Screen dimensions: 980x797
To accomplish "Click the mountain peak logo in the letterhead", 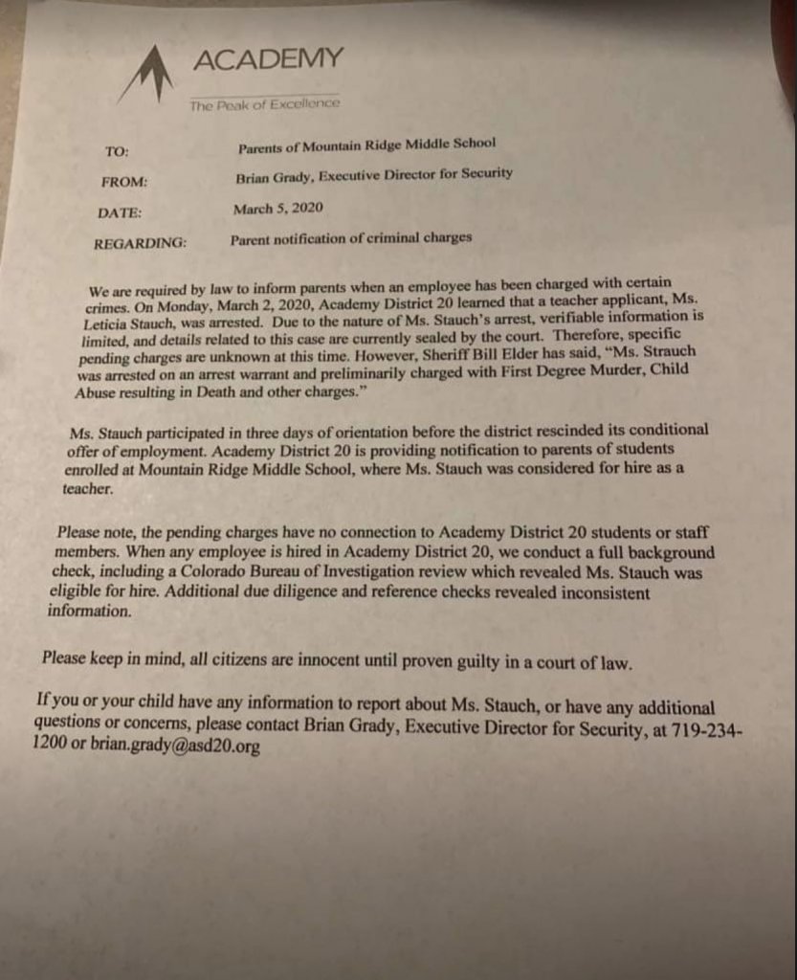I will [144, 74].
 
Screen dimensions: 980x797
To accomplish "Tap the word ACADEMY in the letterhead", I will [267, 59].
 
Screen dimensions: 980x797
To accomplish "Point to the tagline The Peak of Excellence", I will [264, 104].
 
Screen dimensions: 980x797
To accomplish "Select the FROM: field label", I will [123, 182].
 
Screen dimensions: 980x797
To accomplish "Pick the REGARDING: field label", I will [140, 243].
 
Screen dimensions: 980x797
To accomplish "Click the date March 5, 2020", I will [277, 207].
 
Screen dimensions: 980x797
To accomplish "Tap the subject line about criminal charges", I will [350, 238].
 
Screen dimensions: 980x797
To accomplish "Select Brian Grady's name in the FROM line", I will [273, 176].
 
